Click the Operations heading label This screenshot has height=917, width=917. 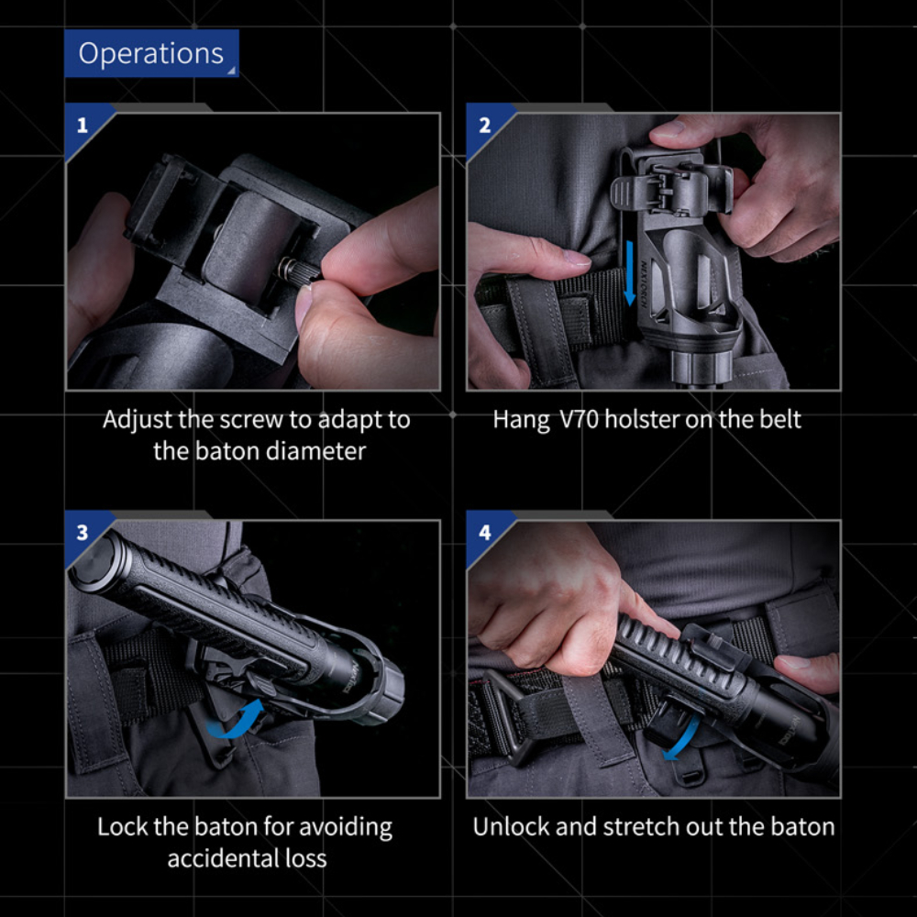coord(151,53)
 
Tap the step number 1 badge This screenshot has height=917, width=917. coord(83,125)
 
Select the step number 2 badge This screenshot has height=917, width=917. coord(485,125)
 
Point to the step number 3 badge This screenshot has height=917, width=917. coord(83,532)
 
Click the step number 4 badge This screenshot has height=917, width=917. coord(485,532)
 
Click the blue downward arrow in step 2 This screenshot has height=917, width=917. coord(630,273)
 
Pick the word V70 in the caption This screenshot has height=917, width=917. coord(579,419)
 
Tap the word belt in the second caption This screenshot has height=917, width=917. coord(781,419)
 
